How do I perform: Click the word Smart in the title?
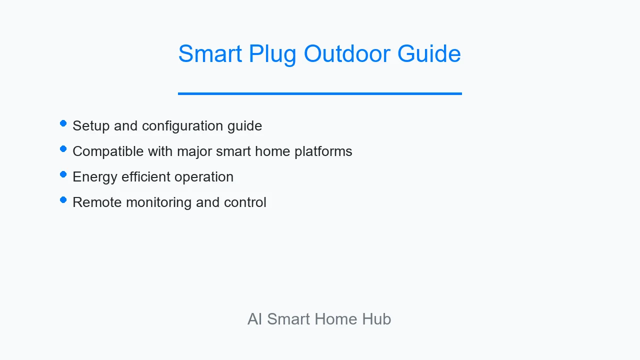point(210,53)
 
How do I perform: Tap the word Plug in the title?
point(272,55)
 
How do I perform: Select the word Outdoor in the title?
point(347,53)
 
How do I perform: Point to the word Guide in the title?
point(429,53)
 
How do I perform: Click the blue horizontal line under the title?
point(319,93)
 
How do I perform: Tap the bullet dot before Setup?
point(63,123)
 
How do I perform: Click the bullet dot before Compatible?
point(63,149)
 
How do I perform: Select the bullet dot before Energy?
point(63,174)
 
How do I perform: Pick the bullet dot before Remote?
point(63,199)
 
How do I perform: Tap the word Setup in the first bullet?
point(91,126)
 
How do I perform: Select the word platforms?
point(323,151)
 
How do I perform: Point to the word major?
point(194,152)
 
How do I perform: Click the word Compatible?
point(108,151)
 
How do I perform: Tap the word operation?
point(204,177)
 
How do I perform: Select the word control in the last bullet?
point(245,202)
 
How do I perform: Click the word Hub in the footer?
point(376,319)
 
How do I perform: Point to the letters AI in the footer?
point(254,319)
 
